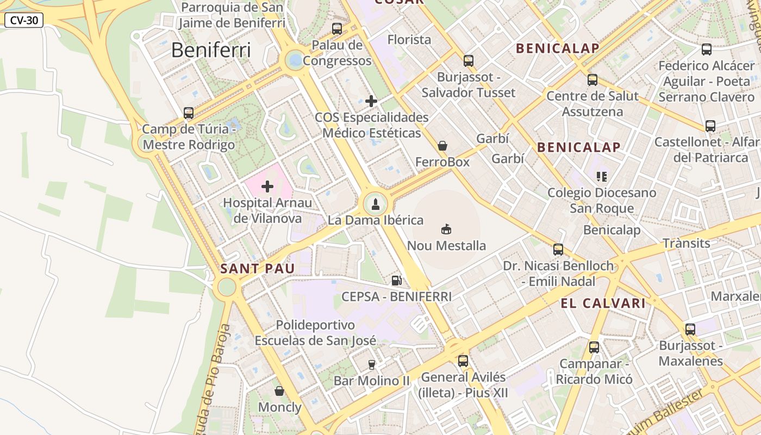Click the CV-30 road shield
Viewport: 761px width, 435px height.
[24, 20]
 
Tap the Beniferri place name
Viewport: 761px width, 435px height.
[211, 50]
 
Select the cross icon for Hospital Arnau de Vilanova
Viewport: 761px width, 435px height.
[267, 187]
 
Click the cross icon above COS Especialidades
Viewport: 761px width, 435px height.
[371, 101]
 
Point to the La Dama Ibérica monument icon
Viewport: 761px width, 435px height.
[375, 204]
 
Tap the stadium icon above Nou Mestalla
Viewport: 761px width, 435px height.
[446, 229]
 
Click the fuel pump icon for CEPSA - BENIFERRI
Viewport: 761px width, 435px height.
[397, 281]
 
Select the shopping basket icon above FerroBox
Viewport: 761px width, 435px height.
[442, 146]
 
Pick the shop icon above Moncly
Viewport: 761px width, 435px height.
[279, 391]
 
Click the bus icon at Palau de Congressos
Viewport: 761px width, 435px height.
[337, 29]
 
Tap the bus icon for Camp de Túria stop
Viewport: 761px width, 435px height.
[189, 113]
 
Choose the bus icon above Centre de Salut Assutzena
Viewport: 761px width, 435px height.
[592, 80]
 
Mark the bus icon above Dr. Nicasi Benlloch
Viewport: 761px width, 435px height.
[558, 250]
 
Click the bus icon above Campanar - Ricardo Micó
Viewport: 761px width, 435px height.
[594, 347]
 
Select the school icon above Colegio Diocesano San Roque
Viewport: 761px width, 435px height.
[602, 176]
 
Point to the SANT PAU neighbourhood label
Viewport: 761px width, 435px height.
[258, 268]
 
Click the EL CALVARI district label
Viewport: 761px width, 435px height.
[603, 303]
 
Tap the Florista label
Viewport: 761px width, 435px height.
[409, 40]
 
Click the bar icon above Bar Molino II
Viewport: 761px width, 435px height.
[372, 364]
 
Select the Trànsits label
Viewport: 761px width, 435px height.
[686, 243]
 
